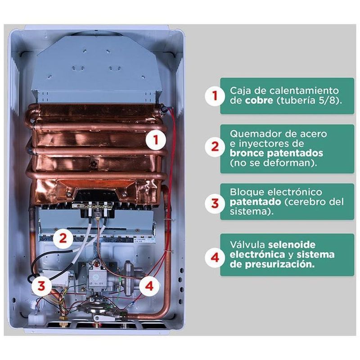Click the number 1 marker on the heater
(156, 139)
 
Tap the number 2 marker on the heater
(63, 238)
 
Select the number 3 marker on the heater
(41, 286)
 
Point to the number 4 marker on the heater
(149, 286)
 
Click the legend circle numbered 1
(215, 95)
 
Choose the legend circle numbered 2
(215, 147)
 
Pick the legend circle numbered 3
(215, 203)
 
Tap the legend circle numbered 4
(215, 257)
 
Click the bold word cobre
(259, 100)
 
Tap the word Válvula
(247, 244)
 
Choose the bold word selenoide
(292, 245)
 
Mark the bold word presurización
(279, 265)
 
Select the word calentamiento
(304, 91)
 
